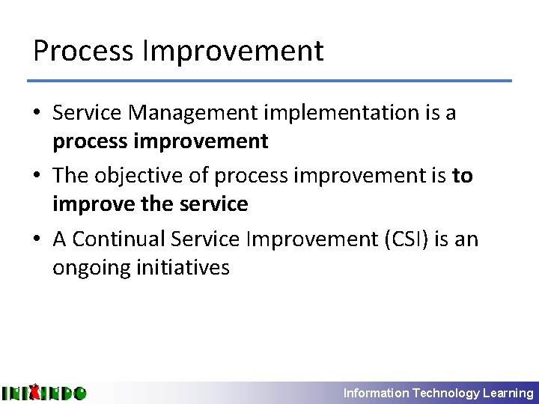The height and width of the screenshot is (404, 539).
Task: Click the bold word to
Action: [x=463, y=176]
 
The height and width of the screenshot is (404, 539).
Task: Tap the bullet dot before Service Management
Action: [x=37, y=114]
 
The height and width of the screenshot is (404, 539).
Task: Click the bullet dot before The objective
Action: [x=37, y=177]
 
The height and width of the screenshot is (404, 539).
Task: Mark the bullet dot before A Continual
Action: [x=37, y=239]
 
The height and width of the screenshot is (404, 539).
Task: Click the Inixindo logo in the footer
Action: [x=43, y=392]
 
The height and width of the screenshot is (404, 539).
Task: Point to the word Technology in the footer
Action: [x=446, y=393]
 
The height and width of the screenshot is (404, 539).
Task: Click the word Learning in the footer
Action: [x=508, y=393]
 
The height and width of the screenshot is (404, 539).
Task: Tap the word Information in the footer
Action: [x=376, y=393]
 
